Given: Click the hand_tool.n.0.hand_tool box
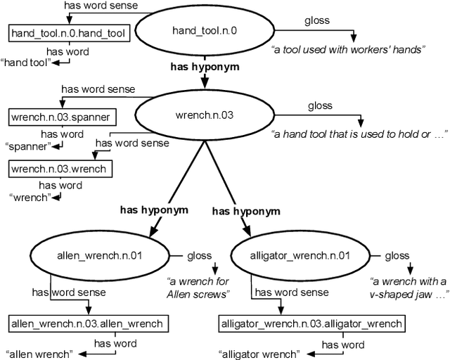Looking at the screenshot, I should point(53,32).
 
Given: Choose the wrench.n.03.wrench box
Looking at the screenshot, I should point(60,169).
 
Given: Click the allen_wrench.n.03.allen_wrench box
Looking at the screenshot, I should point(88,324).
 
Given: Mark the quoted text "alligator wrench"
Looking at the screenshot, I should point(259,353).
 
